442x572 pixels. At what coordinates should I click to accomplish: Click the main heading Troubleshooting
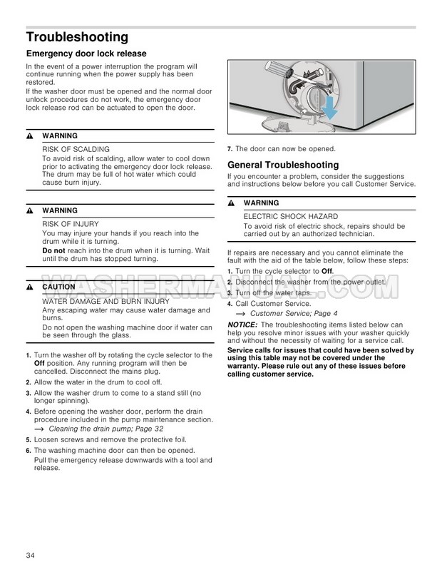coord(77,36)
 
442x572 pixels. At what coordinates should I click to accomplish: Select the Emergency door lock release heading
coord(86,53)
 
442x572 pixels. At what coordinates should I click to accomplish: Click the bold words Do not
coord(53,250)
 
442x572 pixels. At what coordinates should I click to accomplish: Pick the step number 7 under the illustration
coord(229,148)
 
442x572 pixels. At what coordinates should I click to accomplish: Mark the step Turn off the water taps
coord(274,293)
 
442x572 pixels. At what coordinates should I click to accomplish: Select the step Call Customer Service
coord(274,303)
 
